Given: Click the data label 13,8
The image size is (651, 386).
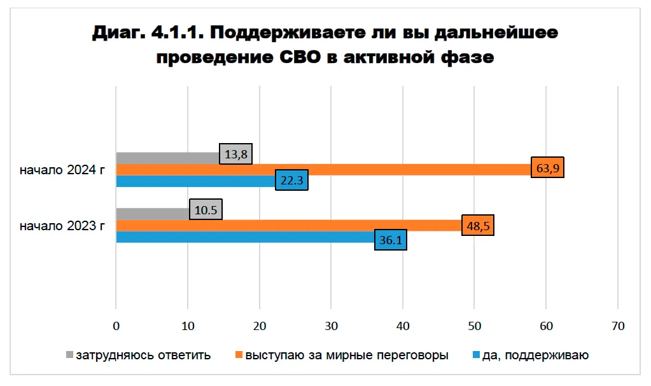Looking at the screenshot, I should pyautogui.click(x=236, y=154).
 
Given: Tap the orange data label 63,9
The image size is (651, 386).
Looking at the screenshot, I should pyautogui.click(x=548, y=169).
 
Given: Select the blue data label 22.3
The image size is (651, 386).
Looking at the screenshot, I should pyautogui.click(x=291, y=181).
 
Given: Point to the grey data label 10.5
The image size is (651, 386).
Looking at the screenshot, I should pyautogui.click(x=206, y=209).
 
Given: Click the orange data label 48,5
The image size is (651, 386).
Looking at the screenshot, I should pyautogui.click(x=477, y=225).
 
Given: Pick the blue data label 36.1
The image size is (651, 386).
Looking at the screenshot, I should pyautogui.click(x=390, y=241).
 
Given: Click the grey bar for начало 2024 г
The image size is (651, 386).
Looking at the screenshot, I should pyautogui.click(x=167, y=158).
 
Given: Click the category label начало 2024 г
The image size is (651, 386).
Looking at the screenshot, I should pyautogui.click(x=62, y=170).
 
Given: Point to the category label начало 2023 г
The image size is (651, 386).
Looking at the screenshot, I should pyautogui.click(x=62, y=225).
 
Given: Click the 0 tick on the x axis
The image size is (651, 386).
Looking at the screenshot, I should pyautogui.click(x=116, y=326).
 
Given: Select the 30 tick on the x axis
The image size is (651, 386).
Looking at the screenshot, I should pyautogui.click(x=331, y=326).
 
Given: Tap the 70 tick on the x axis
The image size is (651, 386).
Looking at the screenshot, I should pyautogui.click(x=617, y=326).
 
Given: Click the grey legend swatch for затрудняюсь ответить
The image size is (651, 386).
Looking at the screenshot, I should pyautogui.click(x=69, y=354).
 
